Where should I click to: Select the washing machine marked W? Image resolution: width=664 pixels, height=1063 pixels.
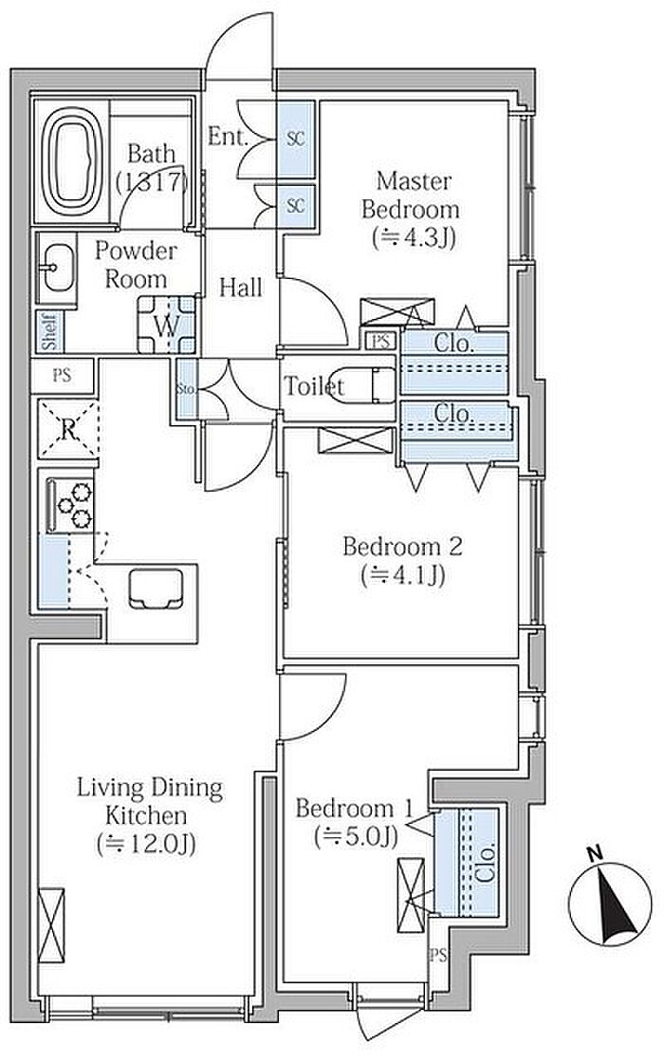pyautogui.click(x=167, y=325)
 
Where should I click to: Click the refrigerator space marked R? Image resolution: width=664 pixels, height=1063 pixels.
pyautogui.click(x=67, y=428)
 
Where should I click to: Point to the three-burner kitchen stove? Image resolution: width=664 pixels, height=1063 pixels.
pyautogui.click(x=70, y=505)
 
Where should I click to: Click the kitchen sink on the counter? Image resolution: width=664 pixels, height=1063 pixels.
pyautogui.click(x=157, y=589)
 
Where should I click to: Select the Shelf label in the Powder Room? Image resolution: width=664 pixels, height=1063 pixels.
pyautogui.click(x=48, y=331)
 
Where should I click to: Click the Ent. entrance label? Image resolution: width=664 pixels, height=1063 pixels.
pyautogui.click(x=229, y=137)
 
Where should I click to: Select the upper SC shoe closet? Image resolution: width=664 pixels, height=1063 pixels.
pyautogui.click(x=296, y=140)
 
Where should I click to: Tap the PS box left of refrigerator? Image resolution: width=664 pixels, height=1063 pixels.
pyautogui.click(x=63, y=375)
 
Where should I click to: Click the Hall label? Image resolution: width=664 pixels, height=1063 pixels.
pyautogui.click(x=241, y=288)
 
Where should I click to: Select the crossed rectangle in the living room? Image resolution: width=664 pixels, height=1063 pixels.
pyautogui.click(x=51, y=924)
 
